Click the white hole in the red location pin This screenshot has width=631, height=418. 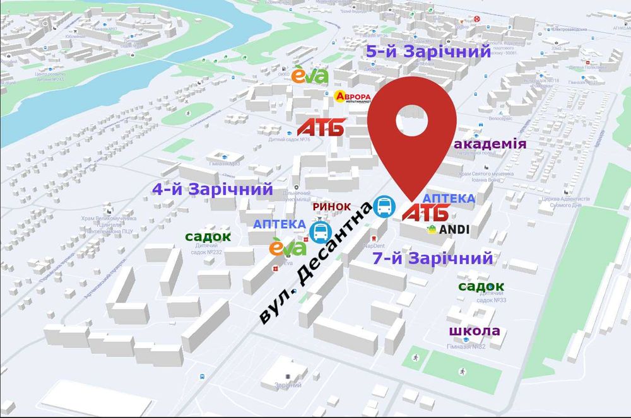tap(413, 120)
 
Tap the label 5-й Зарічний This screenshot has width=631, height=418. tap(428, 52)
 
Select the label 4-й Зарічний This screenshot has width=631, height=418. tap(212, 189)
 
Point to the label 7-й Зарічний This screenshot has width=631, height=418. tap(432, 258)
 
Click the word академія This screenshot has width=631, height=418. tap(490, 144)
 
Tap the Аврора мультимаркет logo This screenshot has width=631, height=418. tap(351, 97)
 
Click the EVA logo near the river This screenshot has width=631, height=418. tap(310, 76)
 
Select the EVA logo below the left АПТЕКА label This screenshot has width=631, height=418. tap(288, 247)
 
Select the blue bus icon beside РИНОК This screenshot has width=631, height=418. tap(383, 206)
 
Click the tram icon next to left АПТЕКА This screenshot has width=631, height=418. tap(320, 231)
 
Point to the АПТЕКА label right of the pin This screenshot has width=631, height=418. tap(449, 198)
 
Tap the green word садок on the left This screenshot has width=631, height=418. tap(208, 236)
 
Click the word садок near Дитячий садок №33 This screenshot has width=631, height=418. tap(481, 286)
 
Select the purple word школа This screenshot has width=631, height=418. tap(475, 331)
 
